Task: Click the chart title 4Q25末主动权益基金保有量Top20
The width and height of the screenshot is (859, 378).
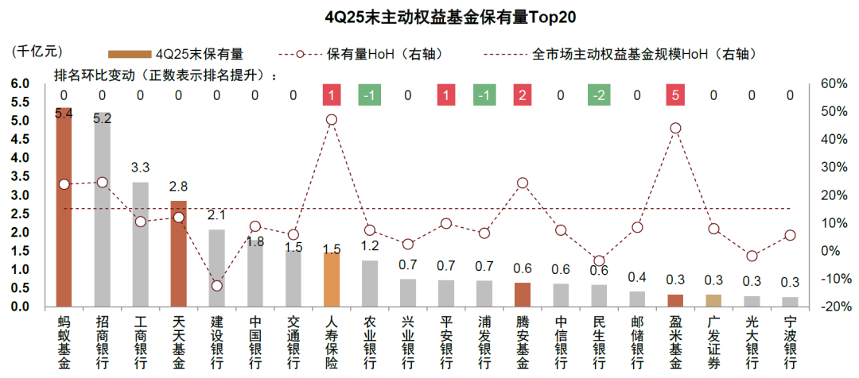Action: [x=429, y=15]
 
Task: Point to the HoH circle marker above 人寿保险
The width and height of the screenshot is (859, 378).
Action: [x=332, y=120]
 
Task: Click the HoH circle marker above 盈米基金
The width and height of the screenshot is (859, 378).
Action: [x=675, y=128]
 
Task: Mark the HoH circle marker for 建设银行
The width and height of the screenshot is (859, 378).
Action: [x=216, y=286]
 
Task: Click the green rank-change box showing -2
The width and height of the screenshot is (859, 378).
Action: [x=599, y=95]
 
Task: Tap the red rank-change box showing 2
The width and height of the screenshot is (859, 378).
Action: [x=523, y=95]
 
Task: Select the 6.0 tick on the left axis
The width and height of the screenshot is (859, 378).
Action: [x=21, y=83]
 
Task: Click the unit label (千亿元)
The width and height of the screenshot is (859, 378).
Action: [x=37, y=51]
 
